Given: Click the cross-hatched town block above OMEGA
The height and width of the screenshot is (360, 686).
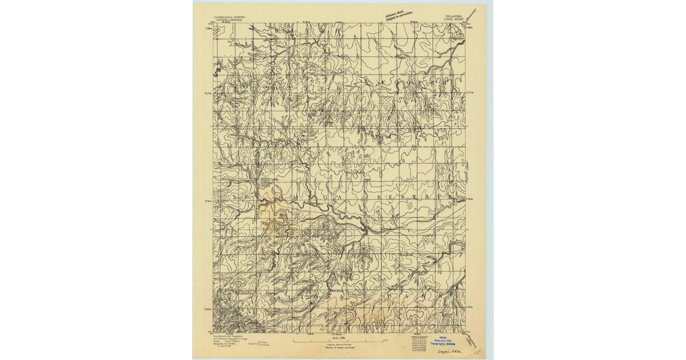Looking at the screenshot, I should click(x=264, y=182).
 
